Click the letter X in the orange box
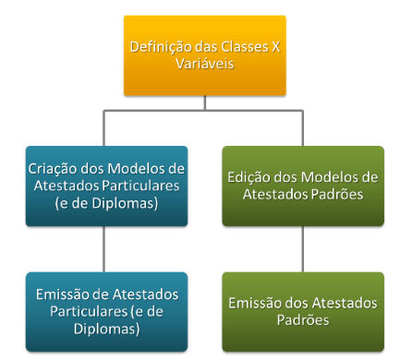(x=277, y=48)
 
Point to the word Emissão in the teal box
(x=61, y=294)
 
